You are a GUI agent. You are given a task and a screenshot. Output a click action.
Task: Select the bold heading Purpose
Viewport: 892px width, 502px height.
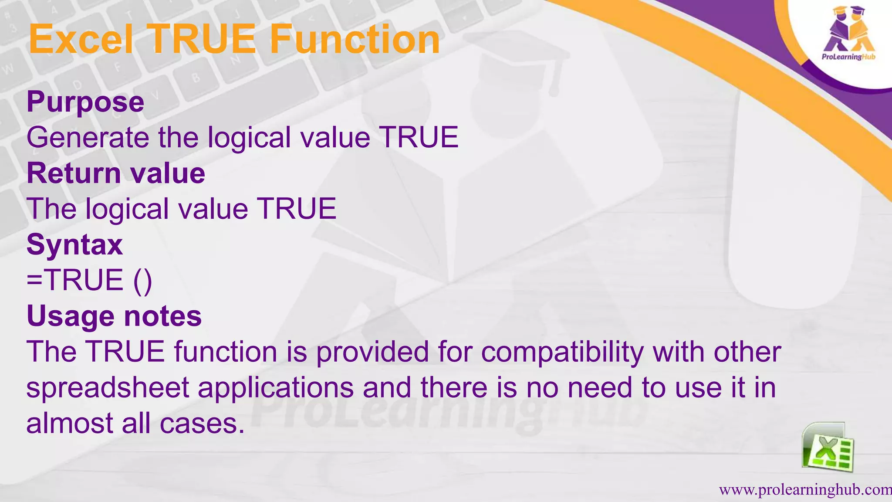[85, 102]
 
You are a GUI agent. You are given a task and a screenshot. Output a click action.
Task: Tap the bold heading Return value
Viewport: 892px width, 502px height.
[116, 173]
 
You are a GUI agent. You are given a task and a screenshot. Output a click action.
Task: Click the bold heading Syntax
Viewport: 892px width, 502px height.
[74, 244]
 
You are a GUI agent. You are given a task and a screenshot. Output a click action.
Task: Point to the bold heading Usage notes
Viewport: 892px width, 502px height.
[114, 316]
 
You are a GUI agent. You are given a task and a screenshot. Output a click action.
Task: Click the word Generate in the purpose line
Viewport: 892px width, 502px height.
[88, 138]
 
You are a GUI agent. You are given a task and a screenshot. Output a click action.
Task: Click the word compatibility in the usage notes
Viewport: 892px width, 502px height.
[562, 352]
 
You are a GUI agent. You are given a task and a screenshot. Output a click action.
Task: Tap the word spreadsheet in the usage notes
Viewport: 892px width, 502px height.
[108, 388]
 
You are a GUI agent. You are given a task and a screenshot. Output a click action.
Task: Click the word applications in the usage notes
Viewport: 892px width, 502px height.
[276, 388]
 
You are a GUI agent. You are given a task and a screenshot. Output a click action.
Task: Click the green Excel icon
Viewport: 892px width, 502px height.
[828, 448]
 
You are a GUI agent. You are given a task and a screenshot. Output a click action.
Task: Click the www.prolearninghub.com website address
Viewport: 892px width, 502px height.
[805, 490]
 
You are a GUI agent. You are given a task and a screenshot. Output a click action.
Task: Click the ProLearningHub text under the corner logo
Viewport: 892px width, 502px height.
[848, 57]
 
